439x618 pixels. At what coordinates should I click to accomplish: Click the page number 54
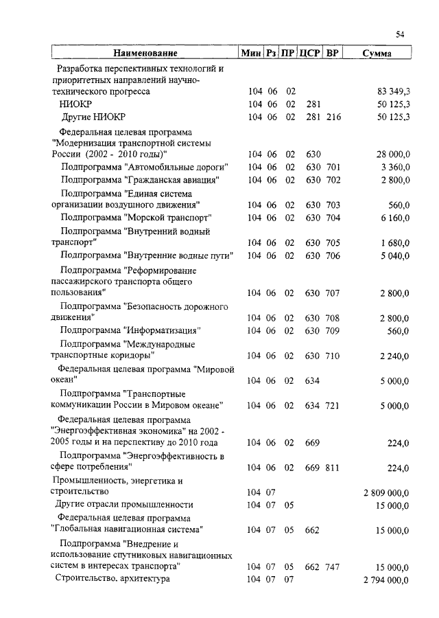point(401,35)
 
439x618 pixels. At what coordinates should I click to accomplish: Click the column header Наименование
point(145,53)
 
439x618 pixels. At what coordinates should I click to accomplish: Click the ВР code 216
point(333,117)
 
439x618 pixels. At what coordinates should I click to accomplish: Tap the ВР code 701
point(333,167)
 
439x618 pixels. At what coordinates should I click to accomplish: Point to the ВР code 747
point(333,567)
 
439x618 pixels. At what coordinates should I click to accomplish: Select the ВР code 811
point(333,467)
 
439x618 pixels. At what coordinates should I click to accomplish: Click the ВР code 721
point(333,406)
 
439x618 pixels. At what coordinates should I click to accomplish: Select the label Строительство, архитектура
point(112,579)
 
